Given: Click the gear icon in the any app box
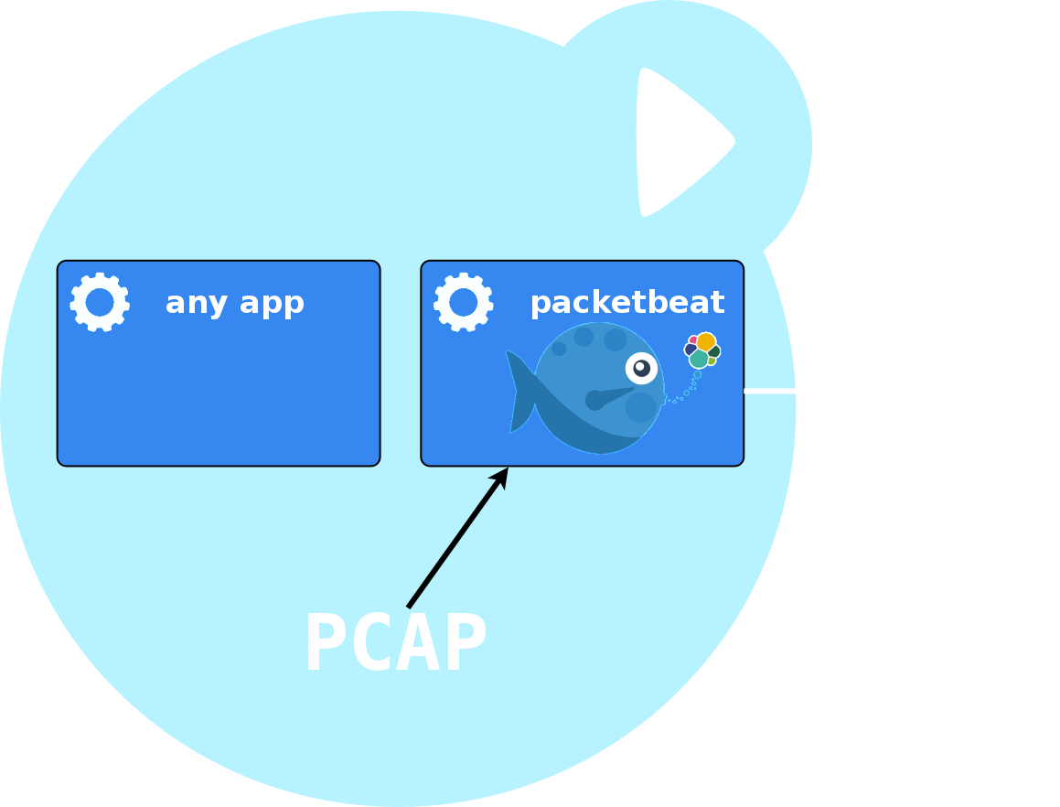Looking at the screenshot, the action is click(100, 302).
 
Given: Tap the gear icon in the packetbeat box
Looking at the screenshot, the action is click(463, 302).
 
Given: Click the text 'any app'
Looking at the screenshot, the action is click(234, 303).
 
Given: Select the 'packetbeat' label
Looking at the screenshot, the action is click(627, 303).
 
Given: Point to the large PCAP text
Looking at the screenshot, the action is click(396, 641).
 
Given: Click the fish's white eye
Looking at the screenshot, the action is click(641, 368).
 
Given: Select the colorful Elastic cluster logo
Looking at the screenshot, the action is click(702, 350).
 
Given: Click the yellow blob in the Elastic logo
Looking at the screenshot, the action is click(706, 341).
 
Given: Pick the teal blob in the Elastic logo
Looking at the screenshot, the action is click(699, 360).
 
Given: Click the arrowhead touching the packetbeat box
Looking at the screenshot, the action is click(500, 476).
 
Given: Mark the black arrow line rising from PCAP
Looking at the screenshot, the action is click(457, 538).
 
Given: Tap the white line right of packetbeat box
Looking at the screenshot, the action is click(769, 391).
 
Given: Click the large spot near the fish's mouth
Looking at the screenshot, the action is click(641, 407).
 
